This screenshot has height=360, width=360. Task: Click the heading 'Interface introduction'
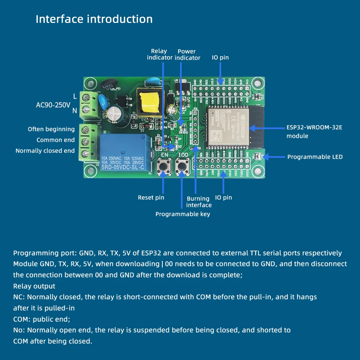click(x=94, y=19)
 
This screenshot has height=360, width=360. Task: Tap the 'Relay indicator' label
click(x=159, y=54)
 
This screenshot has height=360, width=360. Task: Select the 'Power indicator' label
click(x=187, y=54)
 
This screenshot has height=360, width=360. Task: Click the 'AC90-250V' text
click(x=53, y=105)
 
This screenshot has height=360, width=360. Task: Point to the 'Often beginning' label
click(x=51, y=129)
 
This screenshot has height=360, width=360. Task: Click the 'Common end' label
click(x=55, y=140)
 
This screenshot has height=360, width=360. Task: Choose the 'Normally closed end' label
click(x=45, y=151)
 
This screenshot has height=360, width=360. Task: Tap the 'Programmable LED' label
click(x=315, y=157)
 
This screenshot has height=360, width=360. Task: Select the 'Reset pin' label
click(x=151, y=198)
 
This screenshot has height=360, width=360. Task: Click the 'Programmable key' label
click(x=183, y=214)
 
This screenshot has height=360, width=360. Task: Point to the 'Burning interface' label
click(x=199, y=202)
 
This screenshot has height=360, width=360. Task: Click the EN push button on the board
click(x=165, y=167)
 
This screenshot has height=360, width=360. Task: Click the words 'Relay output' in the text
click(x=34, y=286)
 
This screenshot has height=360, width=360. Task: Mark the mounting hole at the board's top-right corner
click(x=257, y=83)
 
